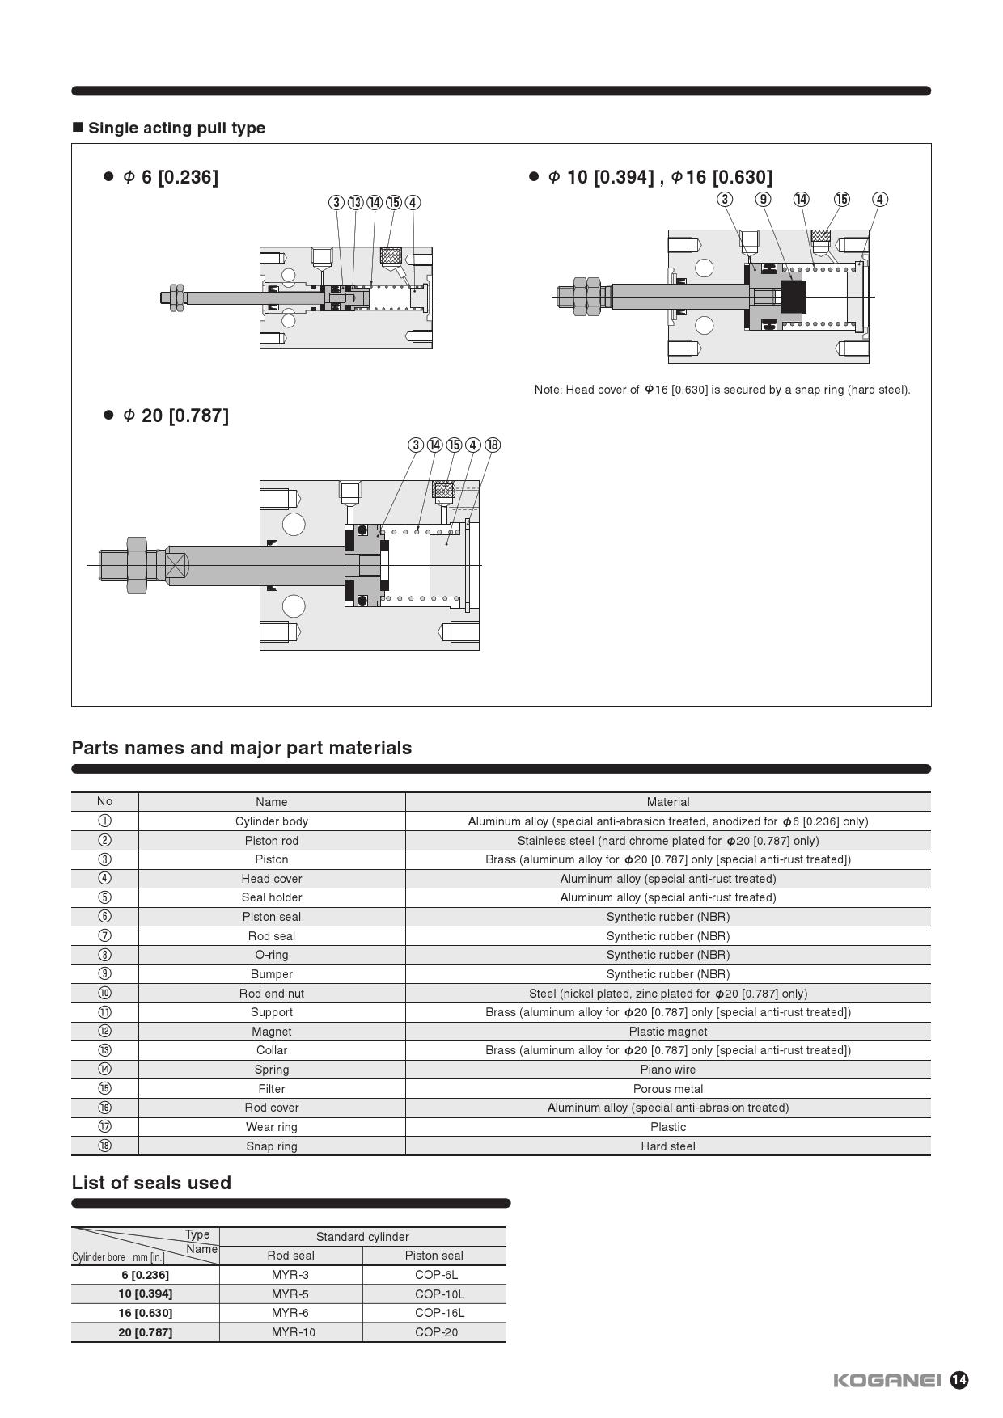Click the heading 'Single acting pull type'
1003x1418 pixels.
[176, 128]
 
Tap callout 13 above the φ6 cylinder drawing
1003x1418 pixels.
[356, 202]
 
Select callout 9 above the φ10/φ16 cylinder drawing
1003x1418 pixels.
[763, 199]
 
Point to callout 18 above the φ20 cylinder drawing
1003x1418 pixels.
[493, 445]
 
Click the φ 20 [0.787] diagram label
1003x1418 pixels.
[176, 416]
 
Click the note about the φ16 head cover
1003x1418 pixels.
[722, 390]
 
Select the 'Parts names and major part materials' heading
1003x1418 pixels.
[242, 748]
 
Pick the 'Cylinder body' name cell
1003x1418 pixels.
[272, 821]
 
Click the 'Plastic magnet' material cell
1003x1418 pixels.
[667, 1032]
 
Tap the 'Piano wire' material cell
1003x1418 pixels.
[667, 1070]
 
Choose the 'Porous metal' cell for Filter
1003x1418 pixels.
[667, 1089]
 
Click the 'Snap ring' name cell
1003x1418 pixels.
[272, 1146]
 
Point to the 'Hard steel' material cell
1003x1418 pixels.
[667, 1146]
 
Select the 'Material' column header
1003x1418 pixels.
[667, 802]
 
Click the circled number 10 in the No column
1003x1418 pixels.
[104, 993]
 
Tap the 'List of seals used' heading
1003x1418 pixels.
[151, 1183]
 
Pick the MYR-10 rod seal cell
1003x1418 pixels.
[293, 1332]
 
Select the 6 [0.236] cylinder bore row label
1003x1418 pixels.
[145, 1275]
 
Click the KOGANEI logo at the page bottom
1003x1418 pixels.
[887, 1380]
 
